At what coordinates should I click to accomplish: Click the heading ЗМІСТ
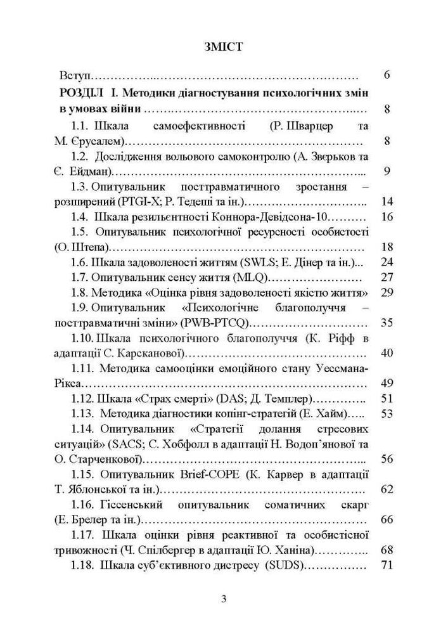(x=224, y=47)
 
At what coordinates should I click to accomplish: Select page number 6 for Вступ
(x=387, y=75)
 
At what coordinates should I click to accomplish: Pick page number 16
(x=387, y=217)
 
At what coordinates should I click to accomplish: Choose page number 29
(x=387, y=292)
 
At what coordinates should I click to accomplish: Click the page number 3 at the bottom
(x=224, y=600)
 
